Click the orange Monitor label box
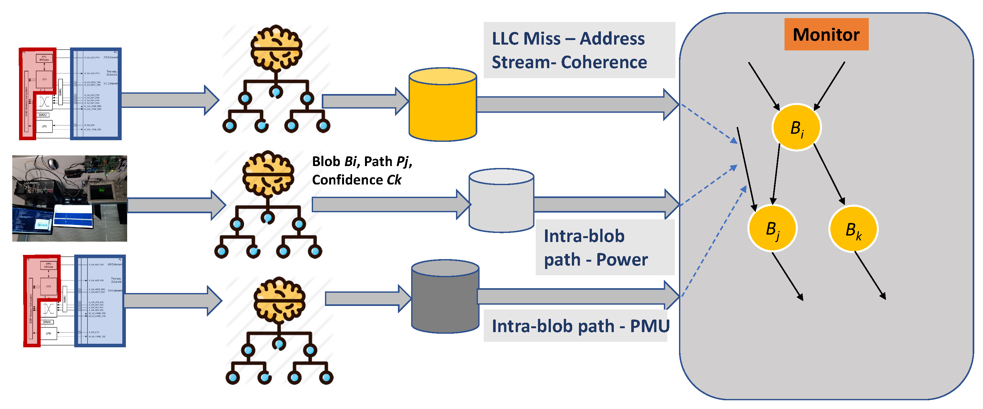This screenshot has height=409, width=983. coord(826,34)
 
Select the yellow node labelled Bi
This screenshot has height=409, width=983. coord(796,128)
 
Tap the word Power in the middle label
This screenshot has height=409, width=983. coord(622,260)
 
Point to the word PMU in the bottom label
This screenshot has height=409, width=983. coord(650,326)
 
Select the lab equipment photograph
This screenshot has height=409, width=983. coord(69,198)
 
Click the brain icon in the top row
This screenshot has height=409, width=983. coord(276,48)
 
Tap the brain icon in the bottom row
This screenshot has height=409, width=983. coord(280,299)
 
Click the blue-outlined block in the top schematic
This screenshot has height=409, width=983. coord(96,94)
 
